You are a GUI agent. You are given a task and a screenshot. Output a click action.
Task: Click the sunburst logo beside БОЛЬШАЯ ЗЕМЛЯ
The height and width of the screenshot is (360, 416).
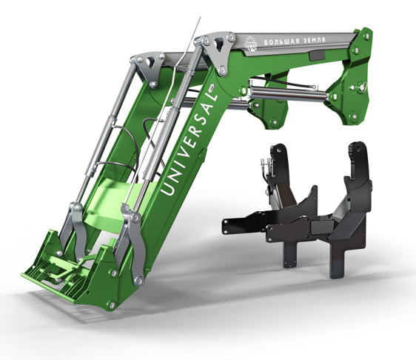click(254, 42)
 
